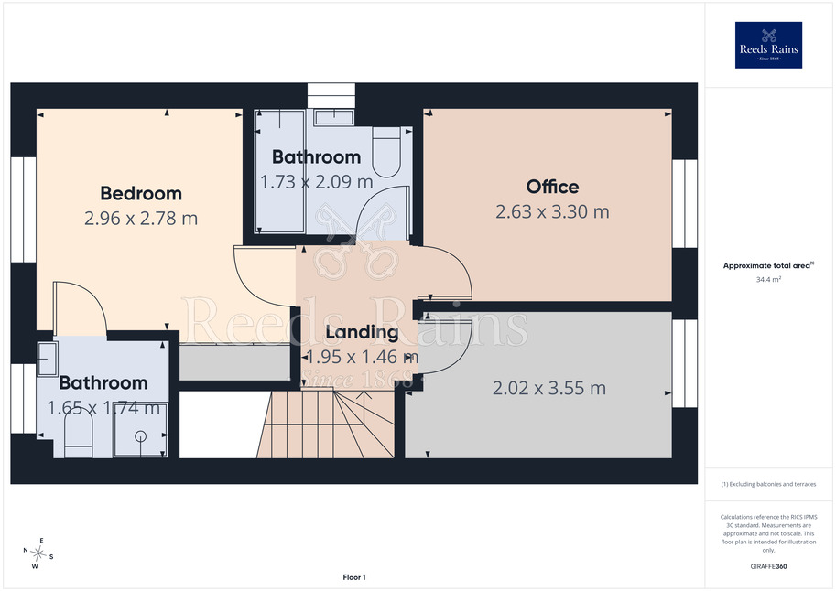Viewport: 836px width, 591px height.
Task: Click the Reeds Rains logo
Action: (768, 45)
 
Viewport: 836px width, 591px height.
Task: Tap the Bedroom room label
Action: (141, 193)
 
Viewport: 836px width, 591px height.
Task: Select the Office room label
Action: (552, 187)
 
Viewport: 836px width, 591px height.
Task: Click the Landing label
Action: (362, 332)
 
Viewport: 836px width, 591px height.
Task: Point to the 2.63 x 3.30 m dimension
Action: (552, 211)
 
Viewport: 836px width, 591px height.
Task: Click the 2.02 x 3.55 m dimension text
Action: (549, 388)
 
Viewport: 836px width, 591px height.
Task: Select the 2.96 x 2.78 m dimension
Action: (141, 218)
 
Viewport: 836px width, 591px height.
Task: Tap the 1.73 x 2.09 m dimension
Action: (317, 182)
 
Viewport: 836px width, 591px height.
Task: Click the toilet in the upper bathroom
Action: (386, 151)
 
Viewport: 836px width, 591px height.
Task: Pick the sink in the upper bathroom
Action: (334, 117)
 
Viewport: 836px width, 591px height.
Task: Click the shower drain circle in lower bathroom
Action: (141, 436)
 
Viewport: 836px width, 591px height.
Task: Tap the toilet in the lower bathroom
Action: (79, 435)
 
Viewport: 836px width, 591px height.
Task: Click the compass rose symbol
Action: (38, 553)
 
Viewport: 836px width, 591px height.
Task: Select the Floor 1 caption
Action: (354, 577)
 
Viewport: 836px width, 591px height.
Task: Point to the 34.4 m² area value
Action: (768, 279)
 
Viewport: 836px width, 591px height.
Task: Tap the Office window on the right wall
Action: (685, 204)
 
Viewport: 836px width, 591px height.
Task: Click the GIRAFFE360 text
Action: (768, 566)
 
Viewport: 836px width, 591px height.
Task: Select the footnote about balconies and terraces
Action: (768, 484)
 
